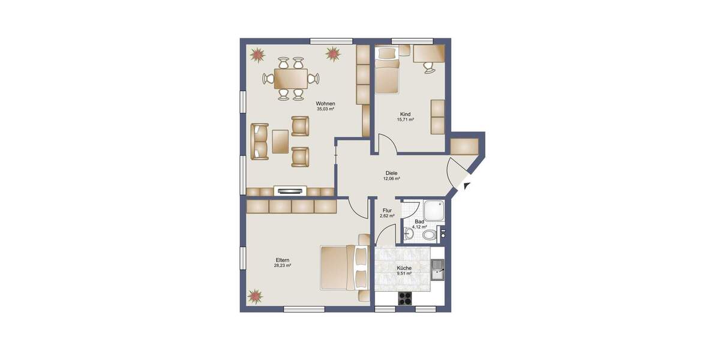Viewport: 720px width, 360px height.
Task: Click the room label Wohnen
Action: point(326,103)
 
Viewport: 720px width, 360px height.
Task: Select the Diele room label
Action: point(391,173)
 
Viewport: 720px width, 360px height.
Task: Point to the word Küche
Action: point(404,268)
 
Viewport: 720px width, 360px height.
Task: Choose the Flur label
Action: point(387,211)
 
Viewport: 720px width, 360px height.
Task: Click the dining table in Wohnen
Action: point(290,78)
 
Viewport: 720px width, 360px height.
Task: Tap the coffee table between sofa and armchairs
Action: point(281,142)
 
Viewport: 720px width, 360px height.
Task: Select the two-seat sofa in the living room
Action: point(259,142)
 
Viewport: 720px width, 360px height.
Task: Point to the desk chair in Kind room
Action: point(430,67)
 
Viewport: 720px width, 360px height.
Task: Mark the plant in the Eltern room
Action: point(256,296)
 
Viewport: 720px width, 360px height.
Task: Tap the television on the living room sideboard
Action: point(291,191)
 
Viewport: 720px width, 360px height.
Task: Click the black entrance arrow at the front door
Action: point(467,187)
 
